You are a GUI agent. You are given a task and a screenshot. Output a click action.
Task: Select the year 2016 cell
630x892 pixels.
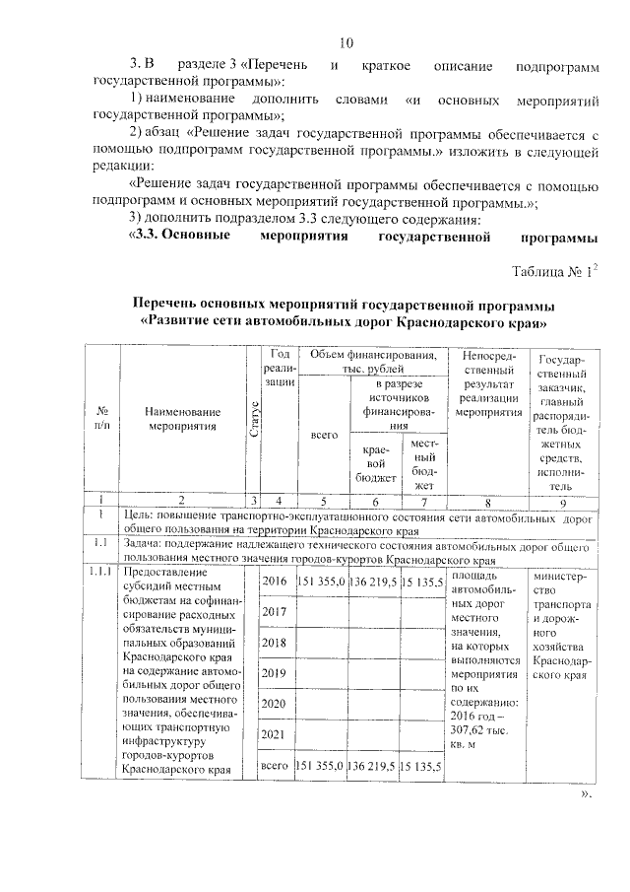pos(275,582)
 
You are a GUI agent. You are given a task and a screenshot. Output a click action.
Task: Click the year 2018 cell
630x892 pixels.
pos(275,643)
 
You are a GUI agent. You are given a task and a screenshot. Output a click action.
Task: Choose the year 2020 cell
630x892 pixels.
pos(275,704)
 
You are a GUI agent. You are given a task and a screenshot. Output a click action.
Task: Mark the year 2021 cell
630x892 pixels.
pos(275,734)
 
